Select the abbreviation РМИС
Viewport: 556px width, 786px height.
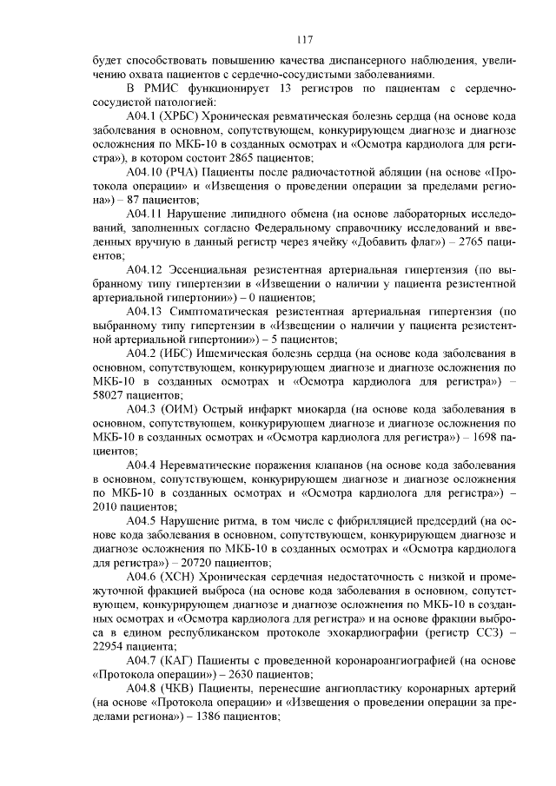(160, 89)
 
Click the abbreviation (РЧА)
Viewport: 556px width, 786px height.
(184, 173)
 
